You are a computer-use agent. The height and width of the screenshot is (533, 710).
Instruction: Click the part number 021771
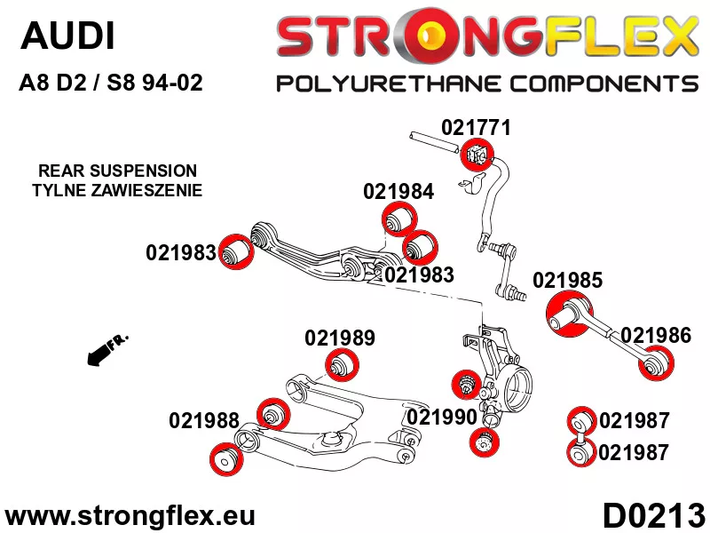(x=476, y=127)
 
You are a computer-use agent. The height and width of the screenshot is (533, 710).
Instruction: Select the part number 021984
(x=398, y=191)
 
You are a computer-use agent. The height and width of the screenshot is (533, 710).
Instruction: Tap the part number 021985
(x=567, y=280)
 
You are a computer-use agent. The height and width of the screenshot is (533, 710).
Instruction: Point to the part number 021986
(x=656, y=336)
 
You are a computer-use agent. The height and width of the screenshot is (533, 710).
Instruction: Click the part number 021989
(x=340, y=338)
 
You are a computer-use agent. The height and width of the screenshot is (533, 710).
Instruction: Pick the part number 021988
(x=204, y=420)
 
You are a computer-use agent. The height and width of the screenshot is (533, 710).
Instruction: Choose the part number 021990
(x=442, y=417)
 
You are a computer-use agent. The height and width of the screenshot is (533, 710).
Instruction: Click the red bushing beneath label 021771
(x=477, y=155)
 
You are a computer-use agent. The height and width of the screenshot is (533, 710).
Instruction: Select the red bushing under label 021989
(x=342, y=365)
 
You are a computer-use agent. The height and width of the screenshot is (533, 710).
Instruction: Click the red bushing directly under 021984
(x=398, y=219)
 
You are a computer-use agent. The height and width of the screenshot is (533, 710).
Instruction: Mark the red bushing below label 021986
(x=656, y=362)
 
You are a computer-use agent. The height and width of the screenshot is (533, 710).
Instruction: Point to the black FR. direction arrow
(x=107, y=349)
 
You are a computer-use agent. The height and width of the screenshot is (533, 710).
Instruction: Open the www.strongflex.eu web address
(x=130, y=516)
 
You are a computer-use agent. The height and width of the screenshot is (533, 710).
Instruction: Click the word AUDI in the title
(x=67, y=36)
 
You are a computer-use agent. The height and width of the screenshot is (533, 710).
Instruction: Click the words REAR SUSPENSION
(x=118, y=171)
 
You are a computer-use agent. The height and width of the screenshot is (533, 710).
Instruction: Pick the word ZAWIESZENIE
(x=146, y=190)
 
